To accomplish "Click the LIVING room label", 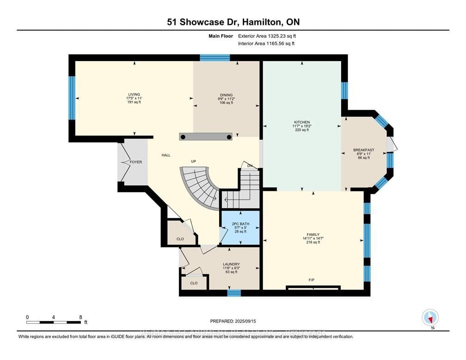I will (x=134, y=94).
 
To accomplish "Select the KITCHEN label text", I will (x=301, y=122).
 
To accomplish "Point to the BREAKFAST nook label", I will (x=363, y=150).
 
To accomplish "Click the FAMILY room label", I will (x=313, y=235).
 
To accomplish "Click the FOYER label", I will (x=135, y=162).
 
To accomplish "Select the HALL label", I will (x=166, y=155).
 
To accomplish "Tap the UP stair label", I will (x=195, y=162).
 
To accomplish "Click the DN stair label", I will (x=250, y=166).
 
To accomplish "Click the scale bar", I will (x=54, y=322).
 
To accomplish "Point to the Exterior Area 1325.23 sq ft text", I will (x=266, y=36).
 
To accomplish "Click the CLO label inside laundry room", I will (x=194, y=283).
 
